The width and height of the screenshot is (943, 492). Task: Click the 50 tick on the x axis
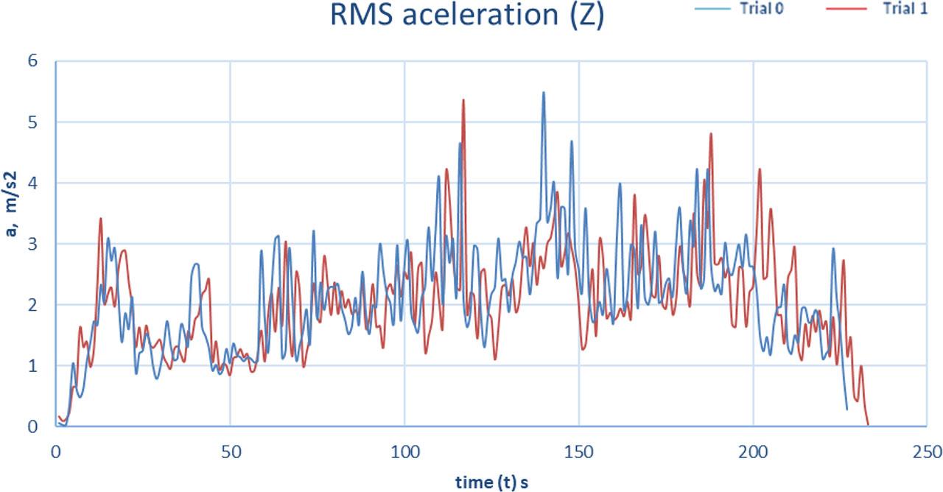click(x=231, y=449)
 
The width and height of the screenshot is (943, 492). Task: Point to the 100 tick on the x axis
click(x=404, y=449)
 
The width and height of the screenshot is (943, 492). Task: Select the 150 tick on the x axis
click(x=579, y=449)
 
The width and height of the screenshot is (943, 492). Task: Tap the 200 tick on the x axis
click(x=753, y=449)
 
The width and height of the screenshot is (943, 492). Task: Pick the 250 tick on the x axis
click(x=927, y=449)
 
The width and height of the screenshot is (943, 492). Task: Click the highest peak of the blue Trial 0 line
click(x=544, y=93)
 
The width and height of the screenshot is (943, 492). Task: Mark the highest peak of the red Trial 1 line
click(x=463, y=100)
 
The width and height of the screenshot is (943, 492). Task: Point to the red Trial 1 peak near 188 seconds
click(x=711, y=134)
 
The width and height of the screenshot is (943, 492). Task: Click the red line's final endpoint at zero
click(x=868, y=425)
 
